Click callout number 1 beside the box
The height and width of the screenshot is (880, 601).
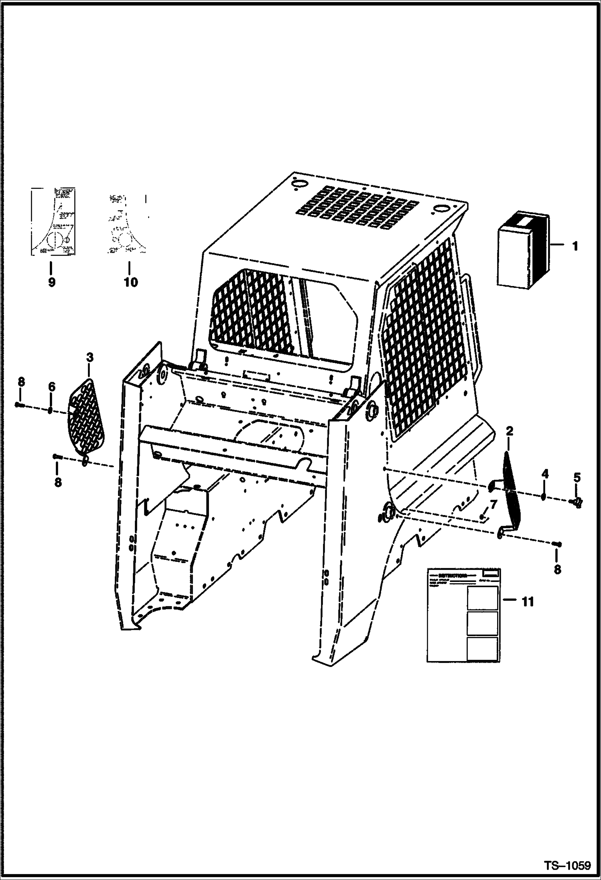575,245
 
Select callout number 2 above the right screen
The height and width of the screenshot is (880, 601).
510,432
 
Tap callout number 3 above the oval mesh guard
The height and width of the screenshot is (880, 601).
89,357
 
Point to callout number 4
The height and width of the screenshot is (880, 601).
544,474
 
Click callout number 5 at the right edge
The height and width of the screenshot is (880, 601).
577,477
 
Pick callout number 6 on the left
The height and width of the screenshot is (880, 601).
51,387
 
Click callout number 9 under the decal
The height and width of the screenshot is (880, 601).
51,282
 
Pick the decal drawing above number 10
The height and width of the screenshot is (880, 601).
127,224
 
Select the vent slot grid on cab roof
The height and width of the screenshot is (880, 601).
351,208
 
